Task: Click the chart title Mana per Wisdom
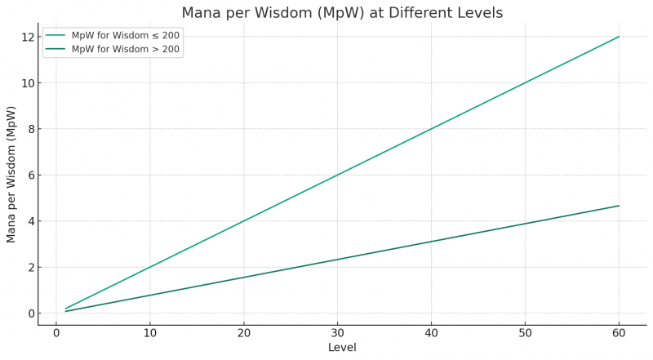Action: coord(342,13)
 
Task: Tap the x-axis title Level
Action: coord(342,348)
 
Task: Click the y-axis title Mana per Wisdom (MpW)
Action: coord(11,174)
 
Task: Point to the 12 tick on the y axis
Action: coord(27,37)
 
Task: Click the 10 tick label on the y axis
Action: coord(27,83)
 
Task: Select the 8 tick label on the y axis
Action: coord(29,129)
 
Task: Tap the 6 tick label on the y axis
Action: coord(29,175)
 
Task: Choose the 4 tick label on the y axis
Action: coord(29,221)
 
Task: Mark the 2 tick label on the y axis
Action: coord(29,267)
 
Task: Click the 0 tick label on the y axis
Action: coord(29,313)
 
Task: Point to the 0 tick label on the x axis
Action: coord(56,333)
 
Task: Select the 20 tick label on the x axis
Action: coord(243,333)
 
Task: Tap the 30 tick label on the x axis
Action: coord(337,333)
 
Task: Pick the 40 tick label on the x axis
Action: coord(431,333)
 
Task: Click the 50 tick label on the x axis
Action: coord(525,333)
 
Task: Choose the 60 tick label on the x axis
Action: coord(619,333)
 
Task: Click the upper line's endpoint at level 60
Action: coord(620,37)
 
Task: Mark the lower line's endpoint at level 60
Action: coord(620,206)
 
